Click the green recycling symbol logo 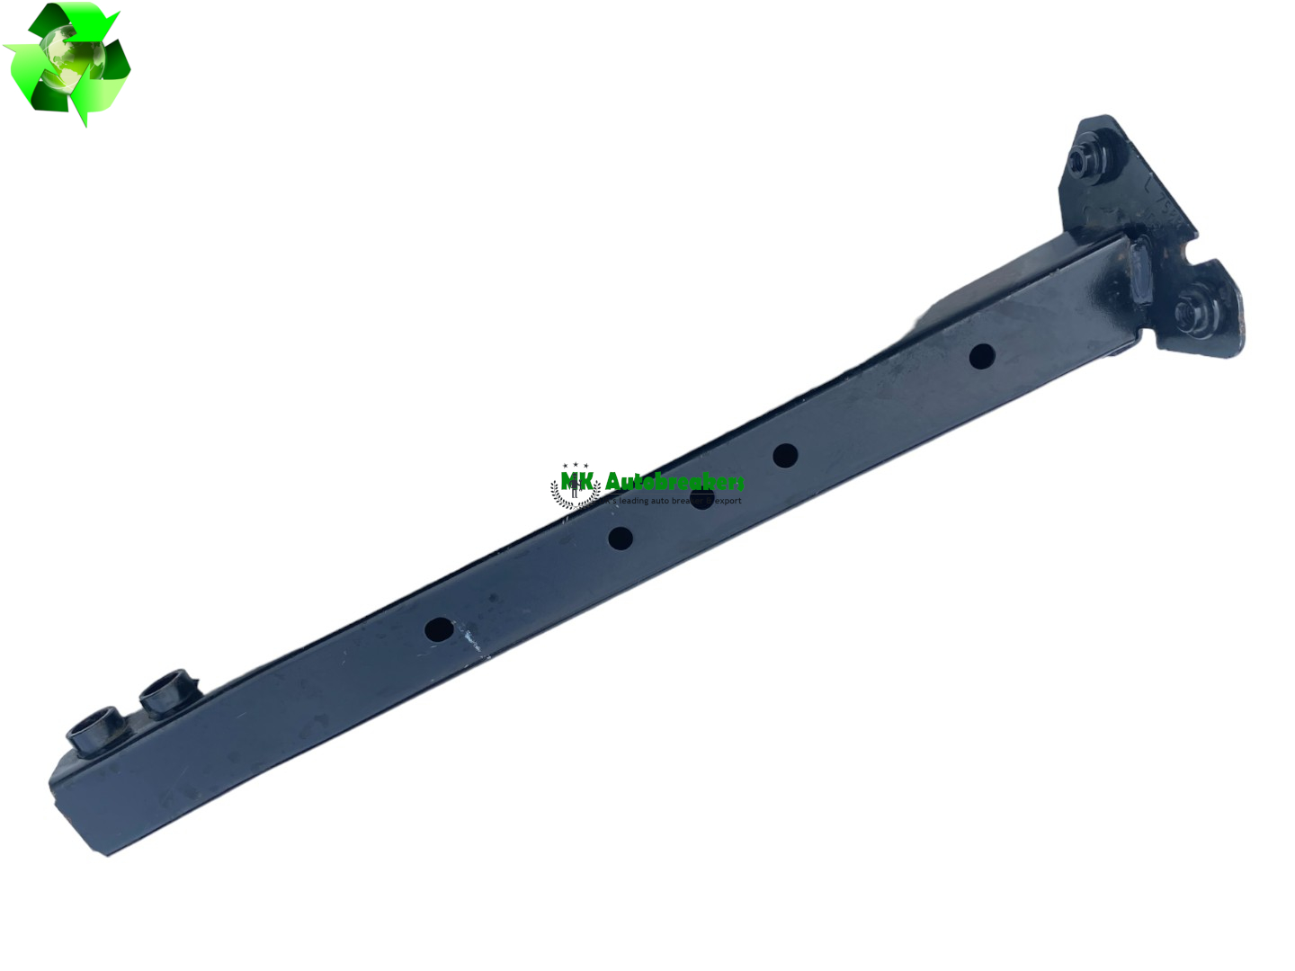pyautogui.click(x=67, y=63)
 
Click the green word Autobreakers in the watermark pyautogui.click(x=674, y=483)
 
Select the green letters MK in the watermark pyautogui.click(x=576, y=481)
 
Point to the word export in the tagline pyautogui.click(x=728, y=501)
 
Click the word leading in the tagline pyautogui.click(x=633, y=501)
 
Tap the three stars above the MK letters pyautogui.click(x=576, y=466)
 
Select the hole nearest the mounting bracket pyautogui.click(x=982, y=356)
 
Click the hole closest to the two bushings pyautogui.click(x=439, y=629)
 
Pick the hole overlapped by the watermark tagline pyautogui.click(x=701, y=497)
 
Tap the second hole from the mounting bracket pyautogui.click(x=785, y=456)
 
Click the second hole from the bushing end pyautogui.click(x=621, y=539)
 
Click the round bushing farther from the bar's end pyautogui.click(x=168, y=690)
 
